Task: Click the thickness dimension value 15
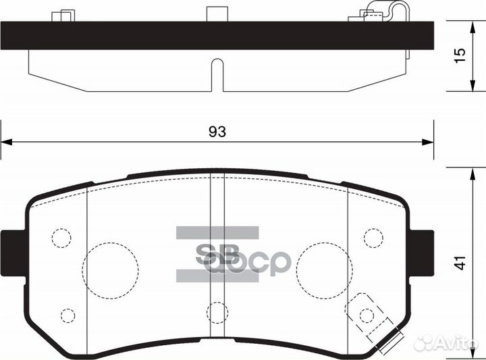tap(460, 55)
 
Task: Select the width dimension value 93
tap(217, 132)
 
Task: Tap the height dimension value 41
tap(460, 263)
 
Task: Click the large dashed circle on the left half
tap(109, 269)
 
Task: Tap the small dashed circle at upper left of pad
tap(61, 238)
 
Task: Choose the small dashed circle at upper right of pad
tap(373, 238)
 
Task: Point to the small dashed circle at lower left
tap(67, 315)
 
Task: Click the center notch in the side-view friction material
tap(217, 74)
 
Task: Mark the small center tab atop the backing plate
tap(216, 14)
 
